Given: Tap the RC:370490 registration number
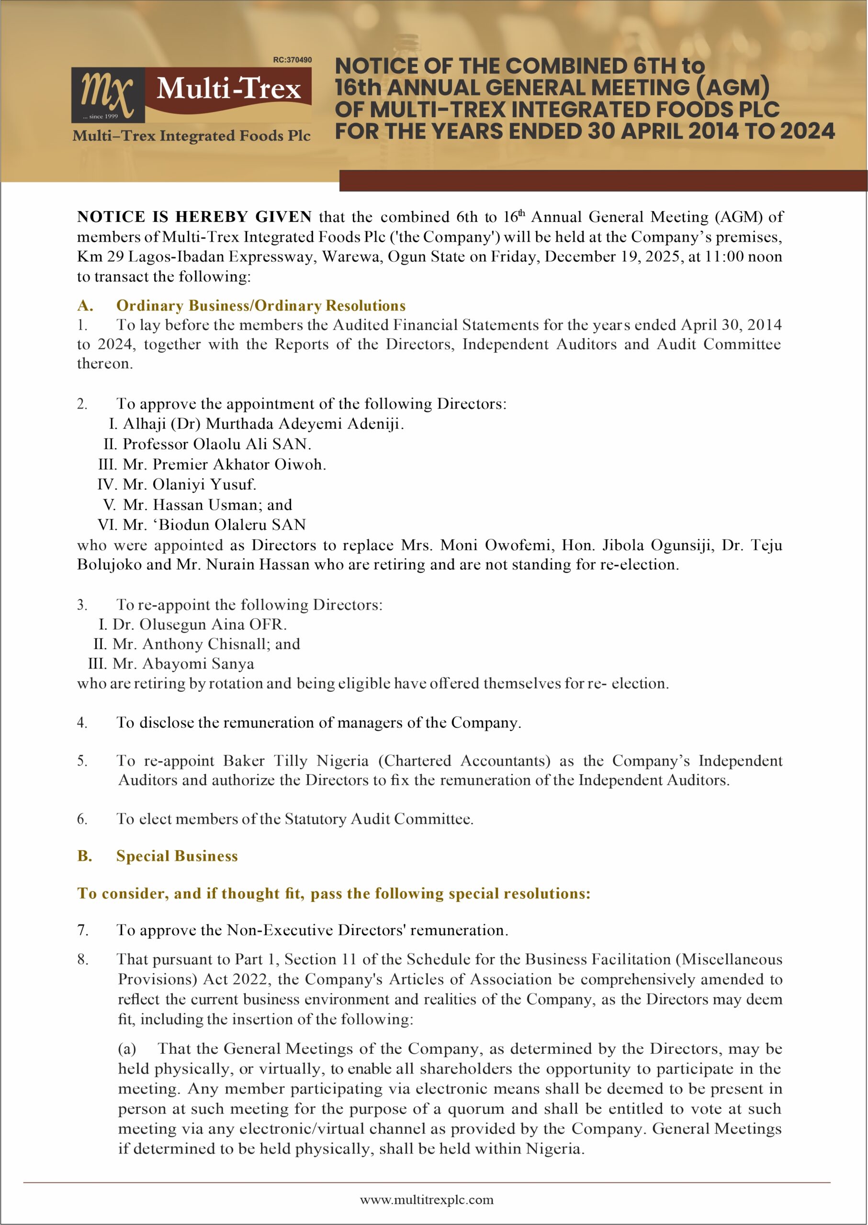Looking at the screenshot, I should (x=292, y=60).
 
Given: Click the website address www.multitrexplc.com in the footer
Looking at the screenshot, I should (x=426, y=1200).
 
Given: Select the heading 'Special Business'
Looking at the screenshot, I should (x=177, y=857).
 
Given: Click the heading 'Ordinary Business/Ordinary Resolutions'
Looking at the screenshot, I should (x=261, y=306).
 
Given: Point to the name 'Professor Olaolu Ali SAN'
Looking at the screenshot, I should (x=216, y=444).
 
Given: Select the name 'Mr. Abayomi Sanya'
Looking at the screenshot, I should (x=183, y=664).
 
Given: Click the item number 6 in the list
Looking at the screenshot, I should (x=82, y=819).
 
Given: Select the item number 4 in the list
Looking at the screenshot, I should (x=82, y=723).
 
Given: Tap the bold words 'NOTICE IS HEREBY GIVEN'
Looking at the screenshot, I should (x=194, y=217).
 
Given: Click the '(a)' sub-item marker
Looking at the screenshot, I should (x=127, y=1049).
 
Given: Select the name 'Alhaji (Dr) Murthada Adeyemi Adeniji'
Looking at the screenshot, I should (x=262, y=423).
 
